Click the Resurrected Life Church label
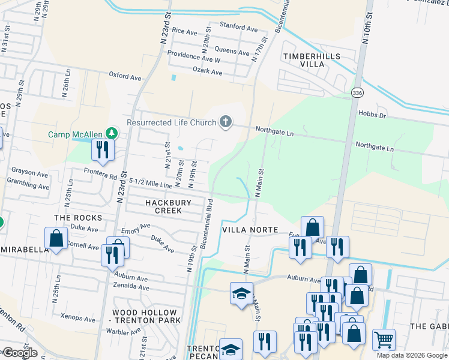point(171,123)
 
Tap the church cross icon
point(226,122)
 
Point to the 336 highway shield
point(357,92)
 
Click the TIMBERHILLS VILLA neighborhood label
point(312,60)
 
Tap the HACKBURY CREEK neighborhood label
point(168,206)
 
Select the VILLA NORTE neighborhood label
point(250,230)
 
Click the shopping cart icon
point(384,340)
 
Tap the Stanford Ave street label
point(238,28)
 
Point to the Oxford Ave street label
point(125,77)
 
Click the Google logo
point(19,353)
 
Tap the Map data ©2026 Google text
point(411,355)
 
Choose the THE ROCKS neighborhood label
point(78,217)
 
